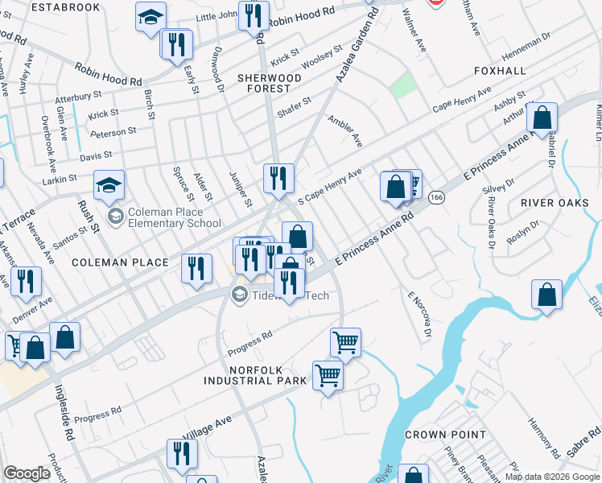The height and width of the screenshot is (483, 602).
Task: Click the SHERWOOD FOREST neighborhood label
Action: coord(269,84)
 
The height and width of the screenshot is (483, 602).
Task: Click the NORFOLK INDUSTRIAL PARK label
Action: coord(255,374)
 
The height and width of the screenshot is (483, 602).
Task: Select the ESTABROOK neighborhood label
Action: coord(67,7)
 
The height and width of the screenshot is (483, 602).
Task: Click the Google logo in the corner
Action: coord(27,473)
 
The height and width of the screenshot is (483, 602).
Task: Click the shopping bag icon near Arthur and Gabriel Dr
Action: coord(542,119)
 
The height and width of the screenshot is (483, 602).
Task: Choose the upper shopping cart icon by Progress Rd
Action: coord(345,343)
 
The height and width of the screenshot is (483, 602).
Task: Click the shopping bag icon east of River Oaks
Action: coord(546,295)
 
